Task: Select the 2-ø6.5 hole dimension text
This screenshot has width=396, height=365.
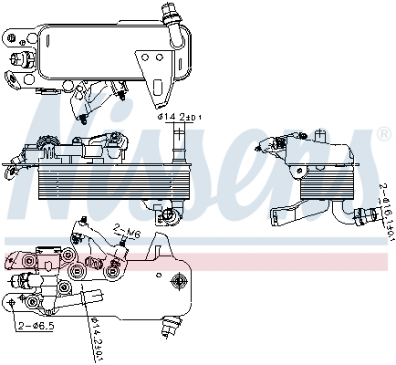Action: coord(34,324)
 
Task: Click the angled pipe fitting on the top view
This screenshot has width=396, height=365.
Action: coord(169,14)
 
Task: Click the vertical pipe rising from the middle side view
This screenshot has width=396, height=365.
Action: coord(178,141)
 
